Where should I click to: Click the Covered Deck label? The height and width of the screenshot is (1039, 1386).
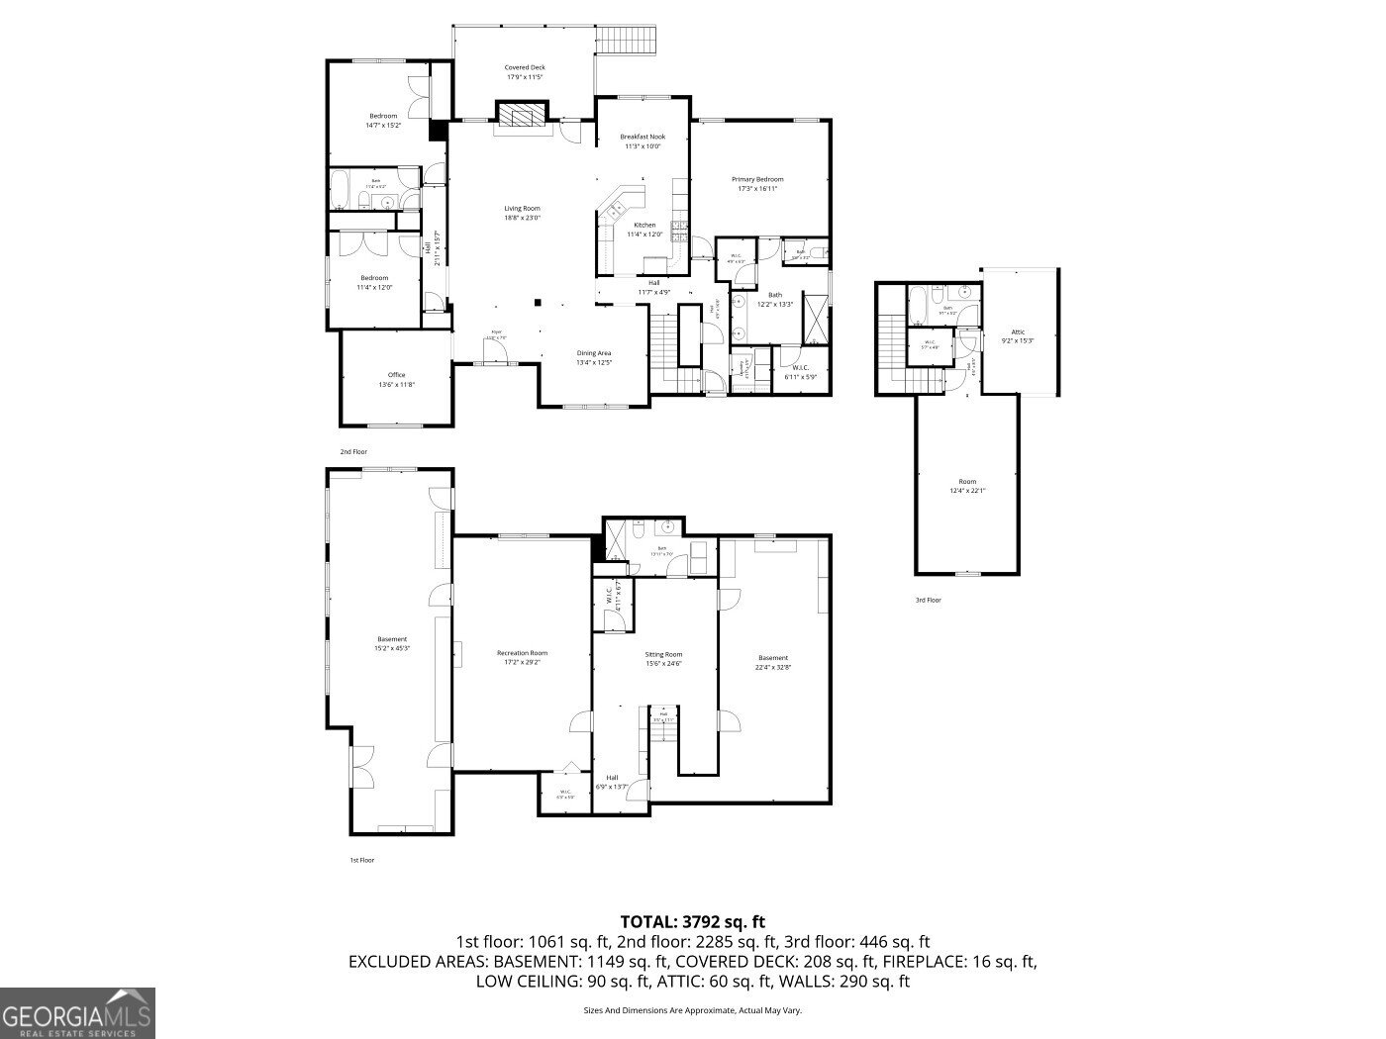pos(526,72)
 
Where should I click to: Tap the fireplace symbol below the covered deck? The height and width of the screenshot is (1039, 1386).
pos(521,116)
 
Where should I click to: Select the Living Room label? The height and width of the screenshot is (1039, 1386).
pos(522,213)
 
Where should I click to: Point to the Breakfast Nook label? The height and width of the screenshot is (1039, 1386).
pos(643,142)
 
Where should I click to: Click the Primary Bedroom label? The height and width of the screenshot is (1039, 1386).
pos(757,184)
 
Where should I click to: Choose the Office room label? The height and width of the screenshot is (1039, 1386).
pos(396,380)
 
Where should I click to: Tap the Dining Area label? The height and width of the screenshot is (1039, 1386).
pos(594,358)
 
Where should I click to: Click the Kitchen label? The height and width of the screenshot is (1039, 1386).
pos(644,230)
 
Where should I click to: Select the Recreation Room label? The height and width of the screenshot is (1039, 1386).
pos(522,658)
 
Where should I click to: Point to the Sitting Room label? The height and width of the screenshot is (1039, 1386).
pos(664,659)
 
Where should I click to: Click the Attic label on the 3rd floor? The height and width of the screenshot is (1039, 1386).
pos(1018,336)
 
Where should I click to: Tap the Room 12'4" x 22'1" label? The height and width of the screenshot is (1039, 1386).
pos(966,486)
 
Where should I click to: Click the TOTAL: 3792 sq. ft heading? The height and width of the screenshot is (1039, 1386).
pos(692,922)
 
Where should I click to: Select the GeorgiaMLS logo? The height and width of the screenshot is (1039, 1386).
pos(77,1013)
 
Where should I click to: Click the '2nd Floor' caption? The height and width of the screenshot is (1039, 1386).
pos(353,451)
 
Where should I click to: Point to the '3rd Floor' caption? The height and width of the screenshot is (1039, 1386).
pos(928,600)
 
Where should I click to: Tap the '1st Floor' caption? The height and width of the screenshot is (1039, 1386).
pos(362,860)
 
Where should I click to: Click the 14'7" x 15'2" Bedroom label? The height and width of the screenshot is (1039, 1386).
pos(383,121)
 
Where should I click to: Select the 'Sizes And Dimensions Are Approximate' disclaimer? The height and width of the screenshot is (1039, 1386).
pos(692,1010)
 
